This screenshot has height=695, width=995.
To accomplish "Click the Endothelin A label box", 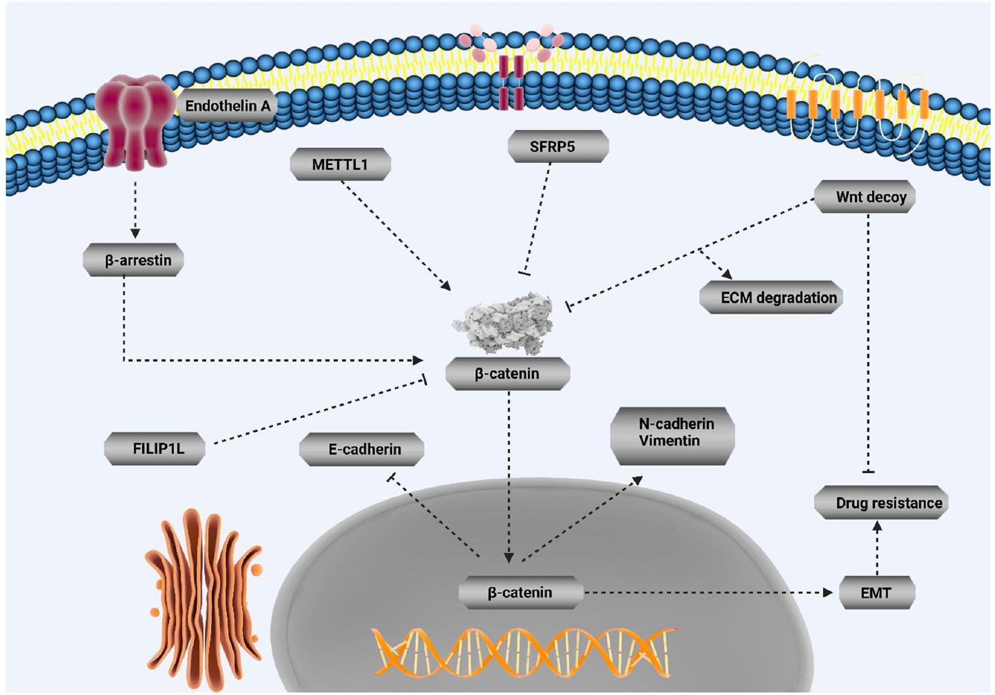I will tap(227, 106).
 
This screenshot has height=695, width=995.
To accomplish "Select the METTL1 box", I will tap(340, 164).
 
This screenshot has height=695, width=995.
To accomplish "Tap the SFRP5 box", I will tap(558, 146).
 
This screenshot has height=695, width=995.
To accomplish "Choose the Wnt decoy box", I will tap(864, 197).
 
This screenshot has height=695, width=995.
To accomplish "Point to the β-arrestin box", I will tap(133, 260).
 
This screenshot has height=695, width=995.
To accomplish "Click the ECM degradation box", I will tap(771, 298).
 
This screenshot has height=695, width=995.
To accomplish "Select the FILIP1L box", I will tap(154, 448).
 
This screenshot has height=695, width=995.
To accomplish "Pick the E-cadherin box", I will tap(361, 449).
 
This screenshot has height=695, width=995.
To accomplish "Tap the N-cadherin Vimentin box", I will tap(672, 433).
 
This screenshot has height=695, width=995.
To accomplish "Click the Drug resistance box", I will tap(881, 503).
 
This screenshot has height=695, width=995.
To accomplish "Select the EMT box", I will tap(877, 593).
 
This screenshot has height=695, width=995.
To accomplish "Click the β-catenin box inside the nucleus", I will tap(521, 593).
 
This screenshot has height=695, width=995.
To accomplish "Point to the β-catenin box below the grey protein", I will tap(507, 374).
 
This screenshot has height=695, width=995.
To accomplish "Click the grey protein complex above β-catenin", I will tap(505, 324).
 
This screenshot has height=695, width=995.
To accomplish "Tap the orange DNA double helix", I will tap(525, 650).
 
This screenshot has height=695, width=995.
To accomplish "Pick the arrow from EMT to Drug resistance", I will tap(877, 547).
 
